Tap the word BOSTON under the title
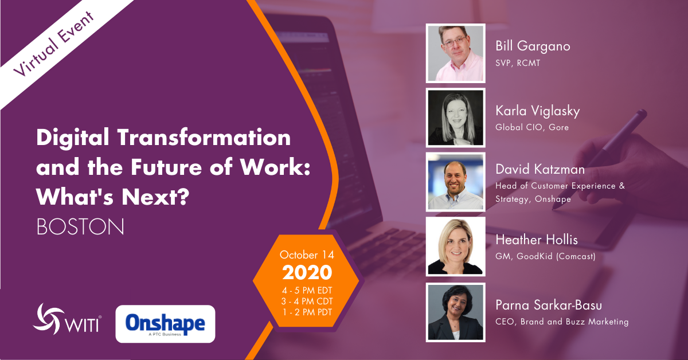click(x=80, y=226)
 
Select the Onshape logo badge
click(x=165, y=324)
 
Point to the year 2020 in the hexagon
click(x=306, y=271)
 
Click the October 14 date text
click(x=307, y=254)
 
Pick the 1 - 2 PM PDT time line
click(x=307, y=312)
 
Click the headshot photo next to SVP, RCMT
click(x=456, y=53)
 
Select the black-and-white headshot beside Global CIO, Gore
click(x=456, y=118)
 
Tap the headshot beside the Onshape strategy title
click(x=456, y=182)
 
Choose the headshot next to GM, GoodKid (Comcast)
click(x=456, y=246)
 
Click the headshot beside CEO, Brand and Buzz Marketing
click(x=456, y=312)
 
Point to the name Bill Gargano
click(x=533, y=46)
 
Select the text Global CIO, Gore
click(x=532, y=127)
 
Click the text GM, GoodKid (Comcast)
click(x=545, y=256)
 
